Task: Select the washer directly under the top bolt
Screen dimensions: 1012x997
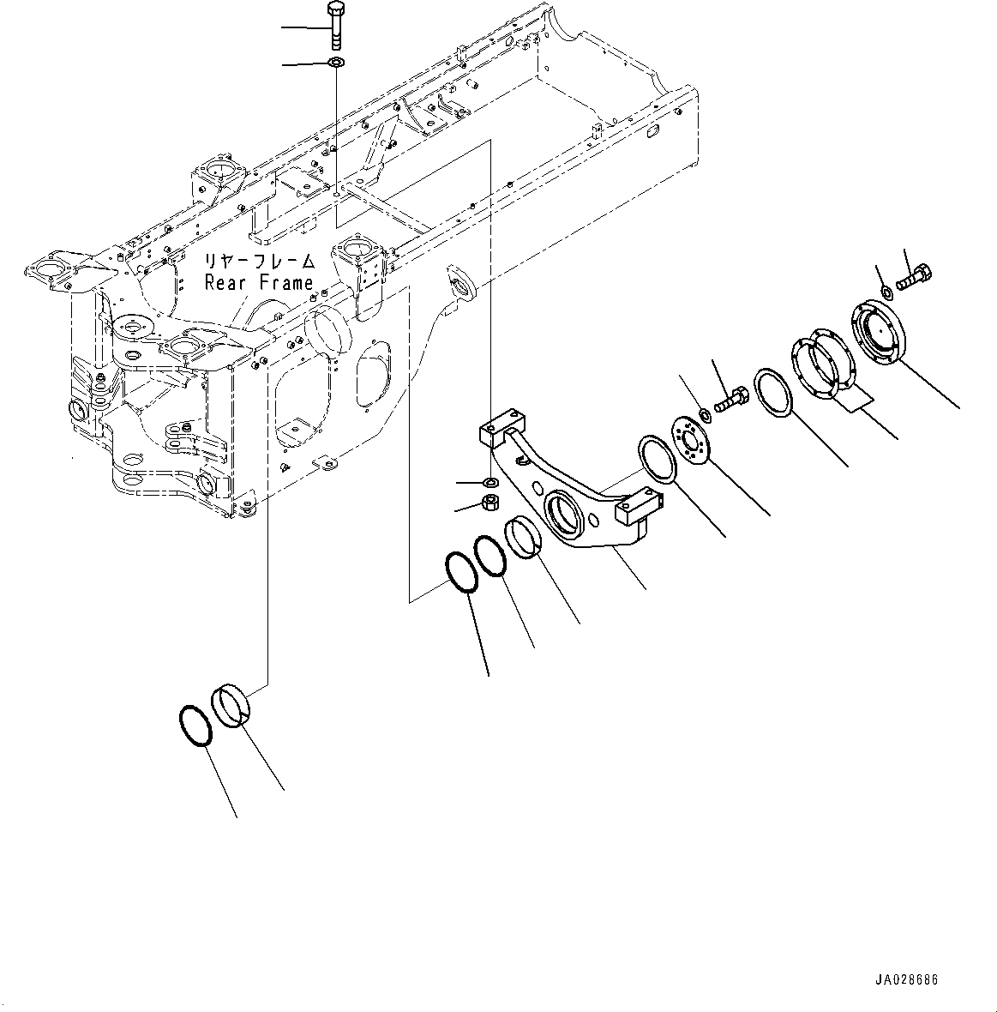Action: click(335, 63)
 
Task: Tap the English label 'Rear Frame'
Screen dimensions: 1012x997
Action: click(258, 282)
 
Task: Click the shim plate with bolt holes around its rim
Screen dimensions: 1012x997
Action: click(818, 368)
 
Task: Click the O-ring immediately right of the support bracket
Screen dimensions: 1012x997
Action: click(658, 460)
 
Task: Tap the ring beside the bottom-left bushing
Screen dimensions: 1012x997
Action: click(195, 726)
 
